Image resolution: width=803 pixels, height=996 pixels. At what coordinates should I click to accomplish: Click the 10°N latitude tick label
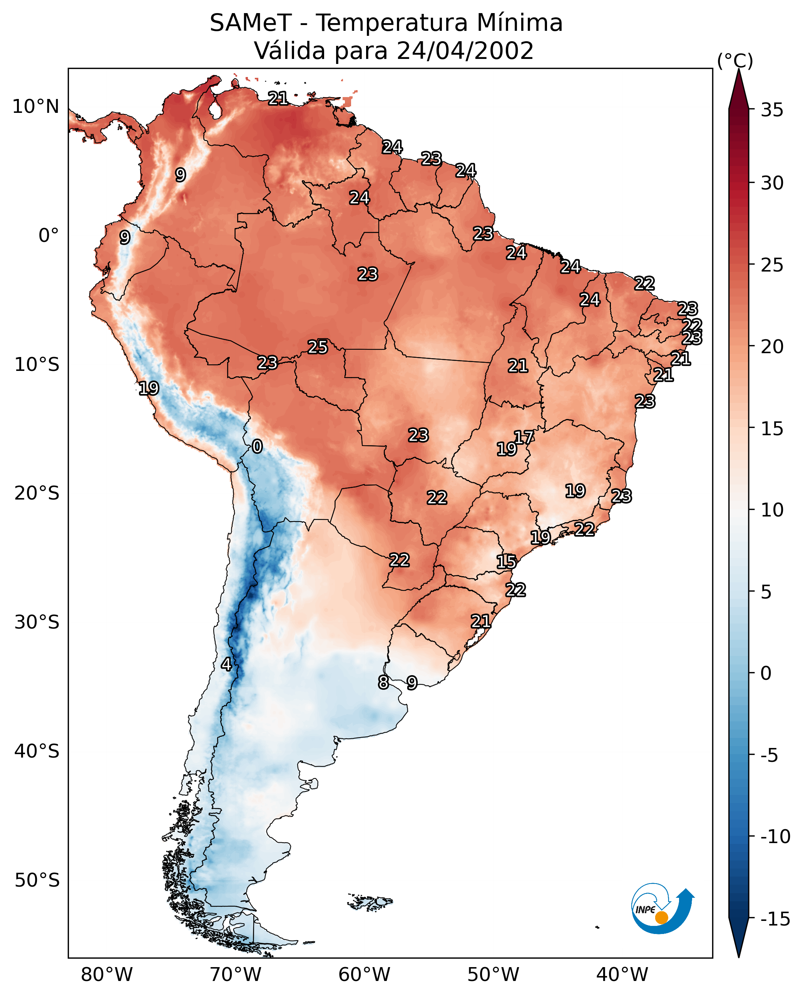pyautogui.click(x=36, y=107)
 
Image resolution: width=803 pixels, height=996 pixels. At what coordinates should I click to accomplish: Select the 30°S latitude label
pyautogui.click(x=37, y=622)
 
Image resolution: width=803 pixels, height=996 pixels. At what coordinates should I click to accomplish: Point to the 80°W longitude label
pyautogui.click(x=107, y=974)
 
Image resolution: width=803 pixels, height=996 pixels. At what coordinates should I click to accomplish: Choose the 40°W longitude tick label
pyautogui.click(x=622, y=974)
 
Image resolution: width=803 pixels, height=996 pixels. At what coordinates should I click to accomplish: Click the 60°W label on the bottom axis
pyautogui.click(x=365, y=974)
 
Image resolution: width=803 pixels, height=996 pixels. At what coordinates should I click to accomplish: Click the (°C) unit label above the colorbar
pyautogui.click(x=735, y=60)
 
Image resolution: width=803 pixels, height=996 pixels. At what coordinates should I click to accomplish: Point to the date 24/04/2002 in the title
pyautogui.click(x=465, y=50)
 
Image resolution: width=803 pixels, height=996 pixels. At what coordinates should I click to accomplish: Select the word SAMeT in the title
pyautogui.click(x=251, y=23)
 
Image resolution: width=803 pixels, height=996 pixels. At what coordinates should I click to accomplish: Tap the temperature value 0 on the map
pyautogui.click(x=257, y=446)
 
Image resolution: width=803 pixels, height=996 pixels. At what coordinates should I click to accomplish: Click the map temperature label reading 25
pyautogui.click(x=318, y=347)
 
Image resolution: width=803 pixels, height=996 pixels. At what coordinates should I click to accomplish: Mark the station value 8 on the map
pyautogui.click(x=383, y=682)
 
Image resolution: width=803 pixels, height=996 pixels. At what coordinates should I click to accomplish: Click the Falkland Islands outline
pyautogui.click(x=370, y=902)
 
